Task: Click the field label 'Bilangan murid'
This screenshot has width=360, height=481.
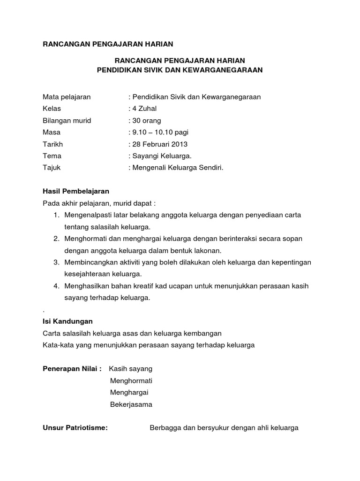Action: pyautogui.click(x=67, y=121)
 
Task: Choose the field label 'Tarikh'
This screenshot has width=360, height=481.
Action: pyautogui.click(x=52, y=144)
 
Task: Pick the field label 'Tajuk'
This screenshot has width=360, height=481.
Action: pyautogui.click(x=52, y=167)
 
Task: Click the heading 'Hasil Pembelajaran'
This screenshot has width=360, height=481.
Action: pyautogui.click(x=76, y=191)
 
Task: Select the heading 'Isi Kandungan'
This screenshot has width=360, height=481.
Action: pyautogui.click(x=67, y=321)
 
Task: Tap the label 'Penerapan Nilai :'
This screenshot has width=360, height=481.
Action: pyautogui.click(x=72, y=369)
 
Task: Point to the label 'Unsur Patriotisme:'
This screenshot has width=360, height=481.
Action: pyautogui.click(x=75, y=428)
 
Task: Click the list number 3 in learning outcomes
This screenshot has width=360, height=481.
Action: pyautogui.click(x=56, y=262)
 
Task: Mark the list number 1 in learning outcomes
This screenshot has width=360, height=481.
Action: pyautogui.click(x=56, y=215)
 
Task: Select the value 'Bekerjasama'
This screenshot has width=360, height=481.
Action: pyautogui.click(x=131, y=404)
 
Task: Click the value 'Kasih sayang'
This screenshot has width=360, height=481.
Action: pyautogui.click(x=130, y=369)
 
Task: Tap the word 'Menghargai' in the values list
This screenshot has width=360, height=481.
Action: pyautogui.click(x=129, y=393)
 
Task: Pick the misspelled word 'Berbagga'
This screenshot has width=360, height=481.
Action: pyautogui.click(x=164, y=428)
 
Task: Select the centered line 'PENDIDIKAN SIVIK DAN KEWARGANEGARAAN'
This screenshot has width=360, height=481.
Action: pyautogui.click(x=180, y=70)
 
